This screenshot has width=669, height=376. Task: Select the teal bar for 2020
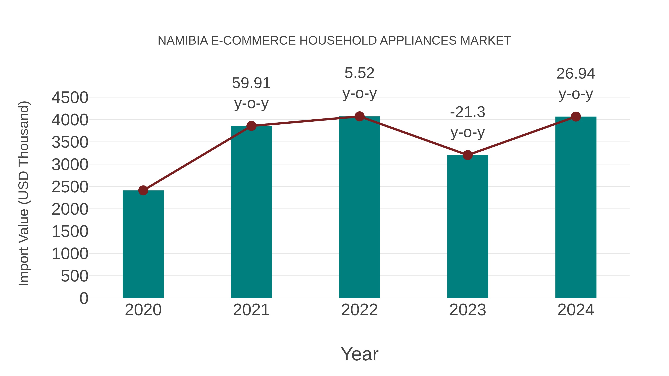pyautogui.click(x=143, y=244)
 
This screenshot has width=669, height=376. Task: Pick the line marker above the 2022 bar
pyautogui.click(x=359, y=116)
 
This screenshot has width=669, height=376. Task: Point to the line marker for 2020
pyautogui.click(x=143, y=191)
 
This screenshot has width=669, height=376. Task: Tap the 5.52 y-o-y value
pyautogui.click(x=359, y=73)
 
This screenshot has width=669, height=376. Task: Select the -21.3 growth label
pyautogui.click(x=468, y=112)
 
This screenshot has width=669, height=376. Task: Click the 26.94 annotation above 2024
pyautogui.click(x=576, y=74)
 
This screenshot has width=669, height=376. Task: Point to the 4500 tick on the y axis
pyautogui.click(x=70, y=98)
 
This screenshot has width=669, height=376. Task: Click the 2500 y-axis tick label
pyautogui.click(x=70, y=187)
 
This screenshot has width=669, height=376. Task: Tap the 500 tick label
pyautogui.click(x=74, y=276)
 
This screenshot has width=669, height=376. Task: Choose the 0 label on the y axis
pyautogui.click(x=84, y=298)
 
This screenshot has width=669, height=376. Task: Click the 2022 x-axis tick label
pyautogui.click(x=359, y=310)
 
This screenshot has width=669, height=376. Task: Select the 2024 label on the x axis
pyautogui.click(x=576, y=310)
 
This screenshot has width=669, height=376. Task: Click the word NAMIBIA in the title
pyautogui.click(x=183, y=41)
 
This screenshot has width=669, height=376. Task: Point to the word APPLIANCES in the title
pyautogui.click(x=418, y=41)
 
